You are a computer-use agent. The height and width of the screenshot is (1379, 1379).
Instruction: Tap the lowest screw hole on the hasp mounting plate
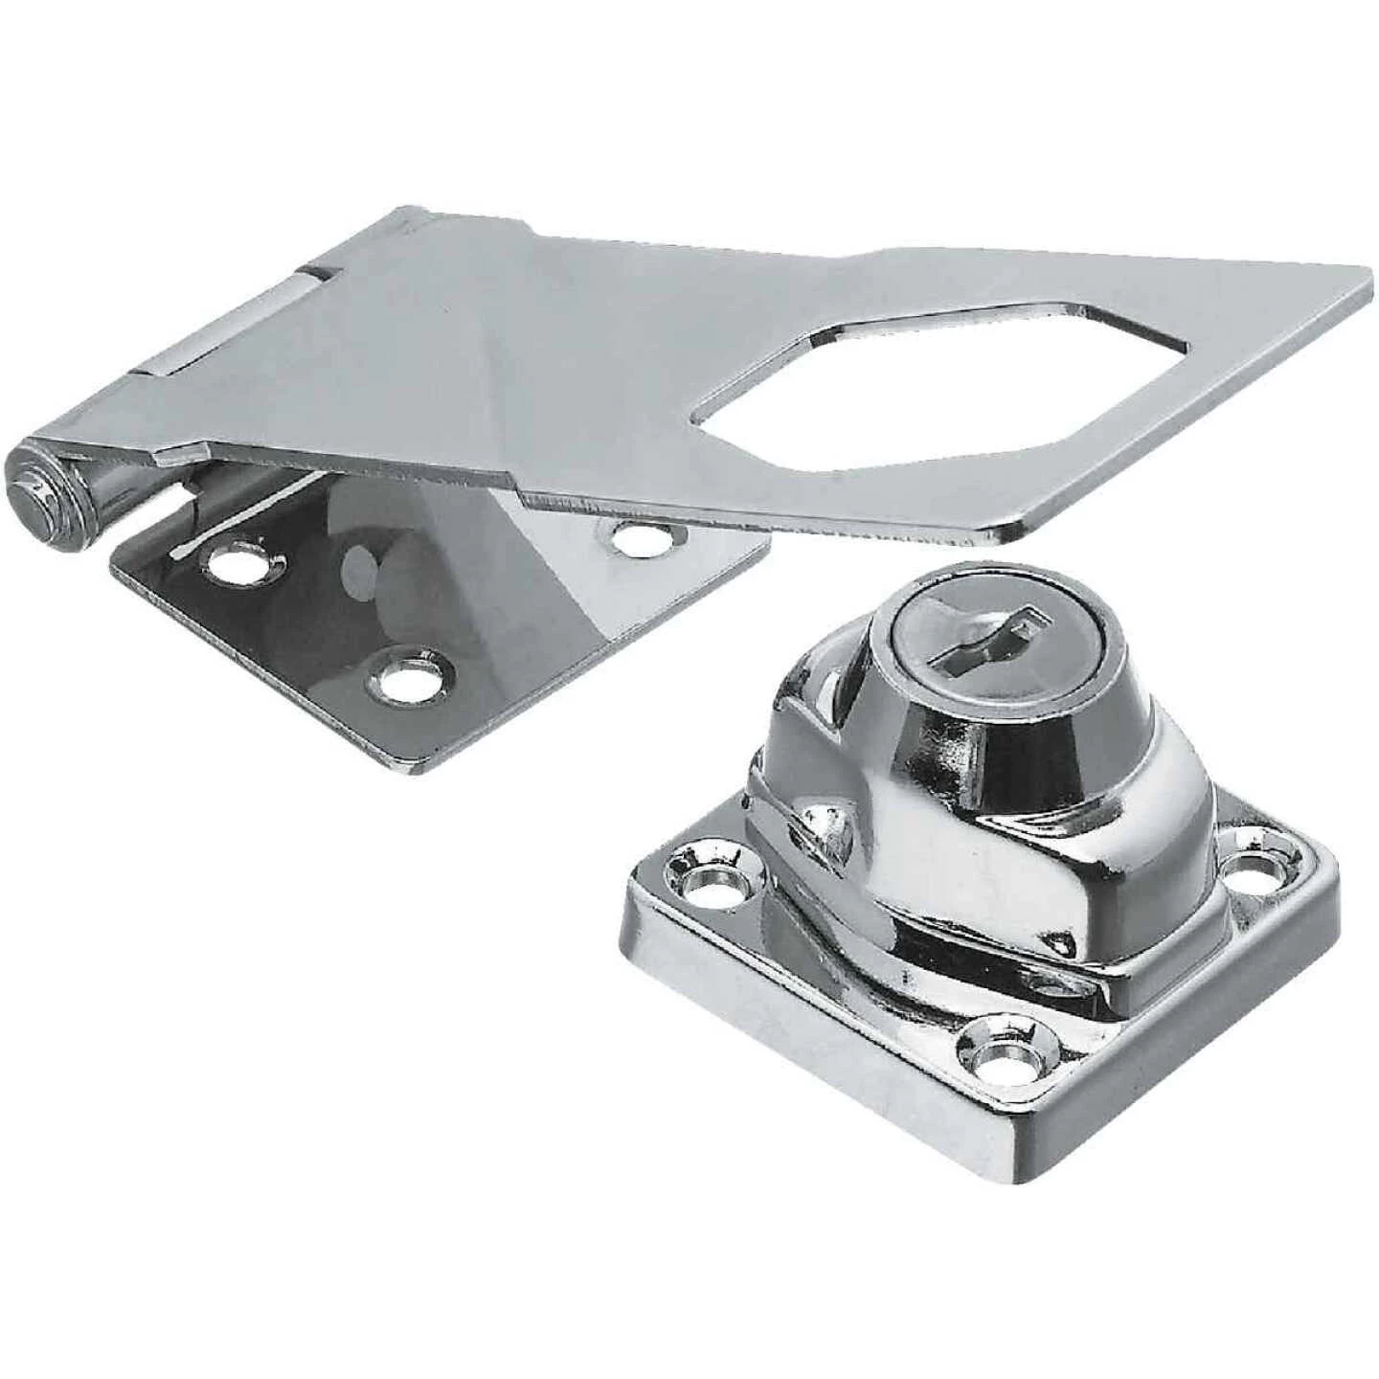(x=407, y=682)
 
